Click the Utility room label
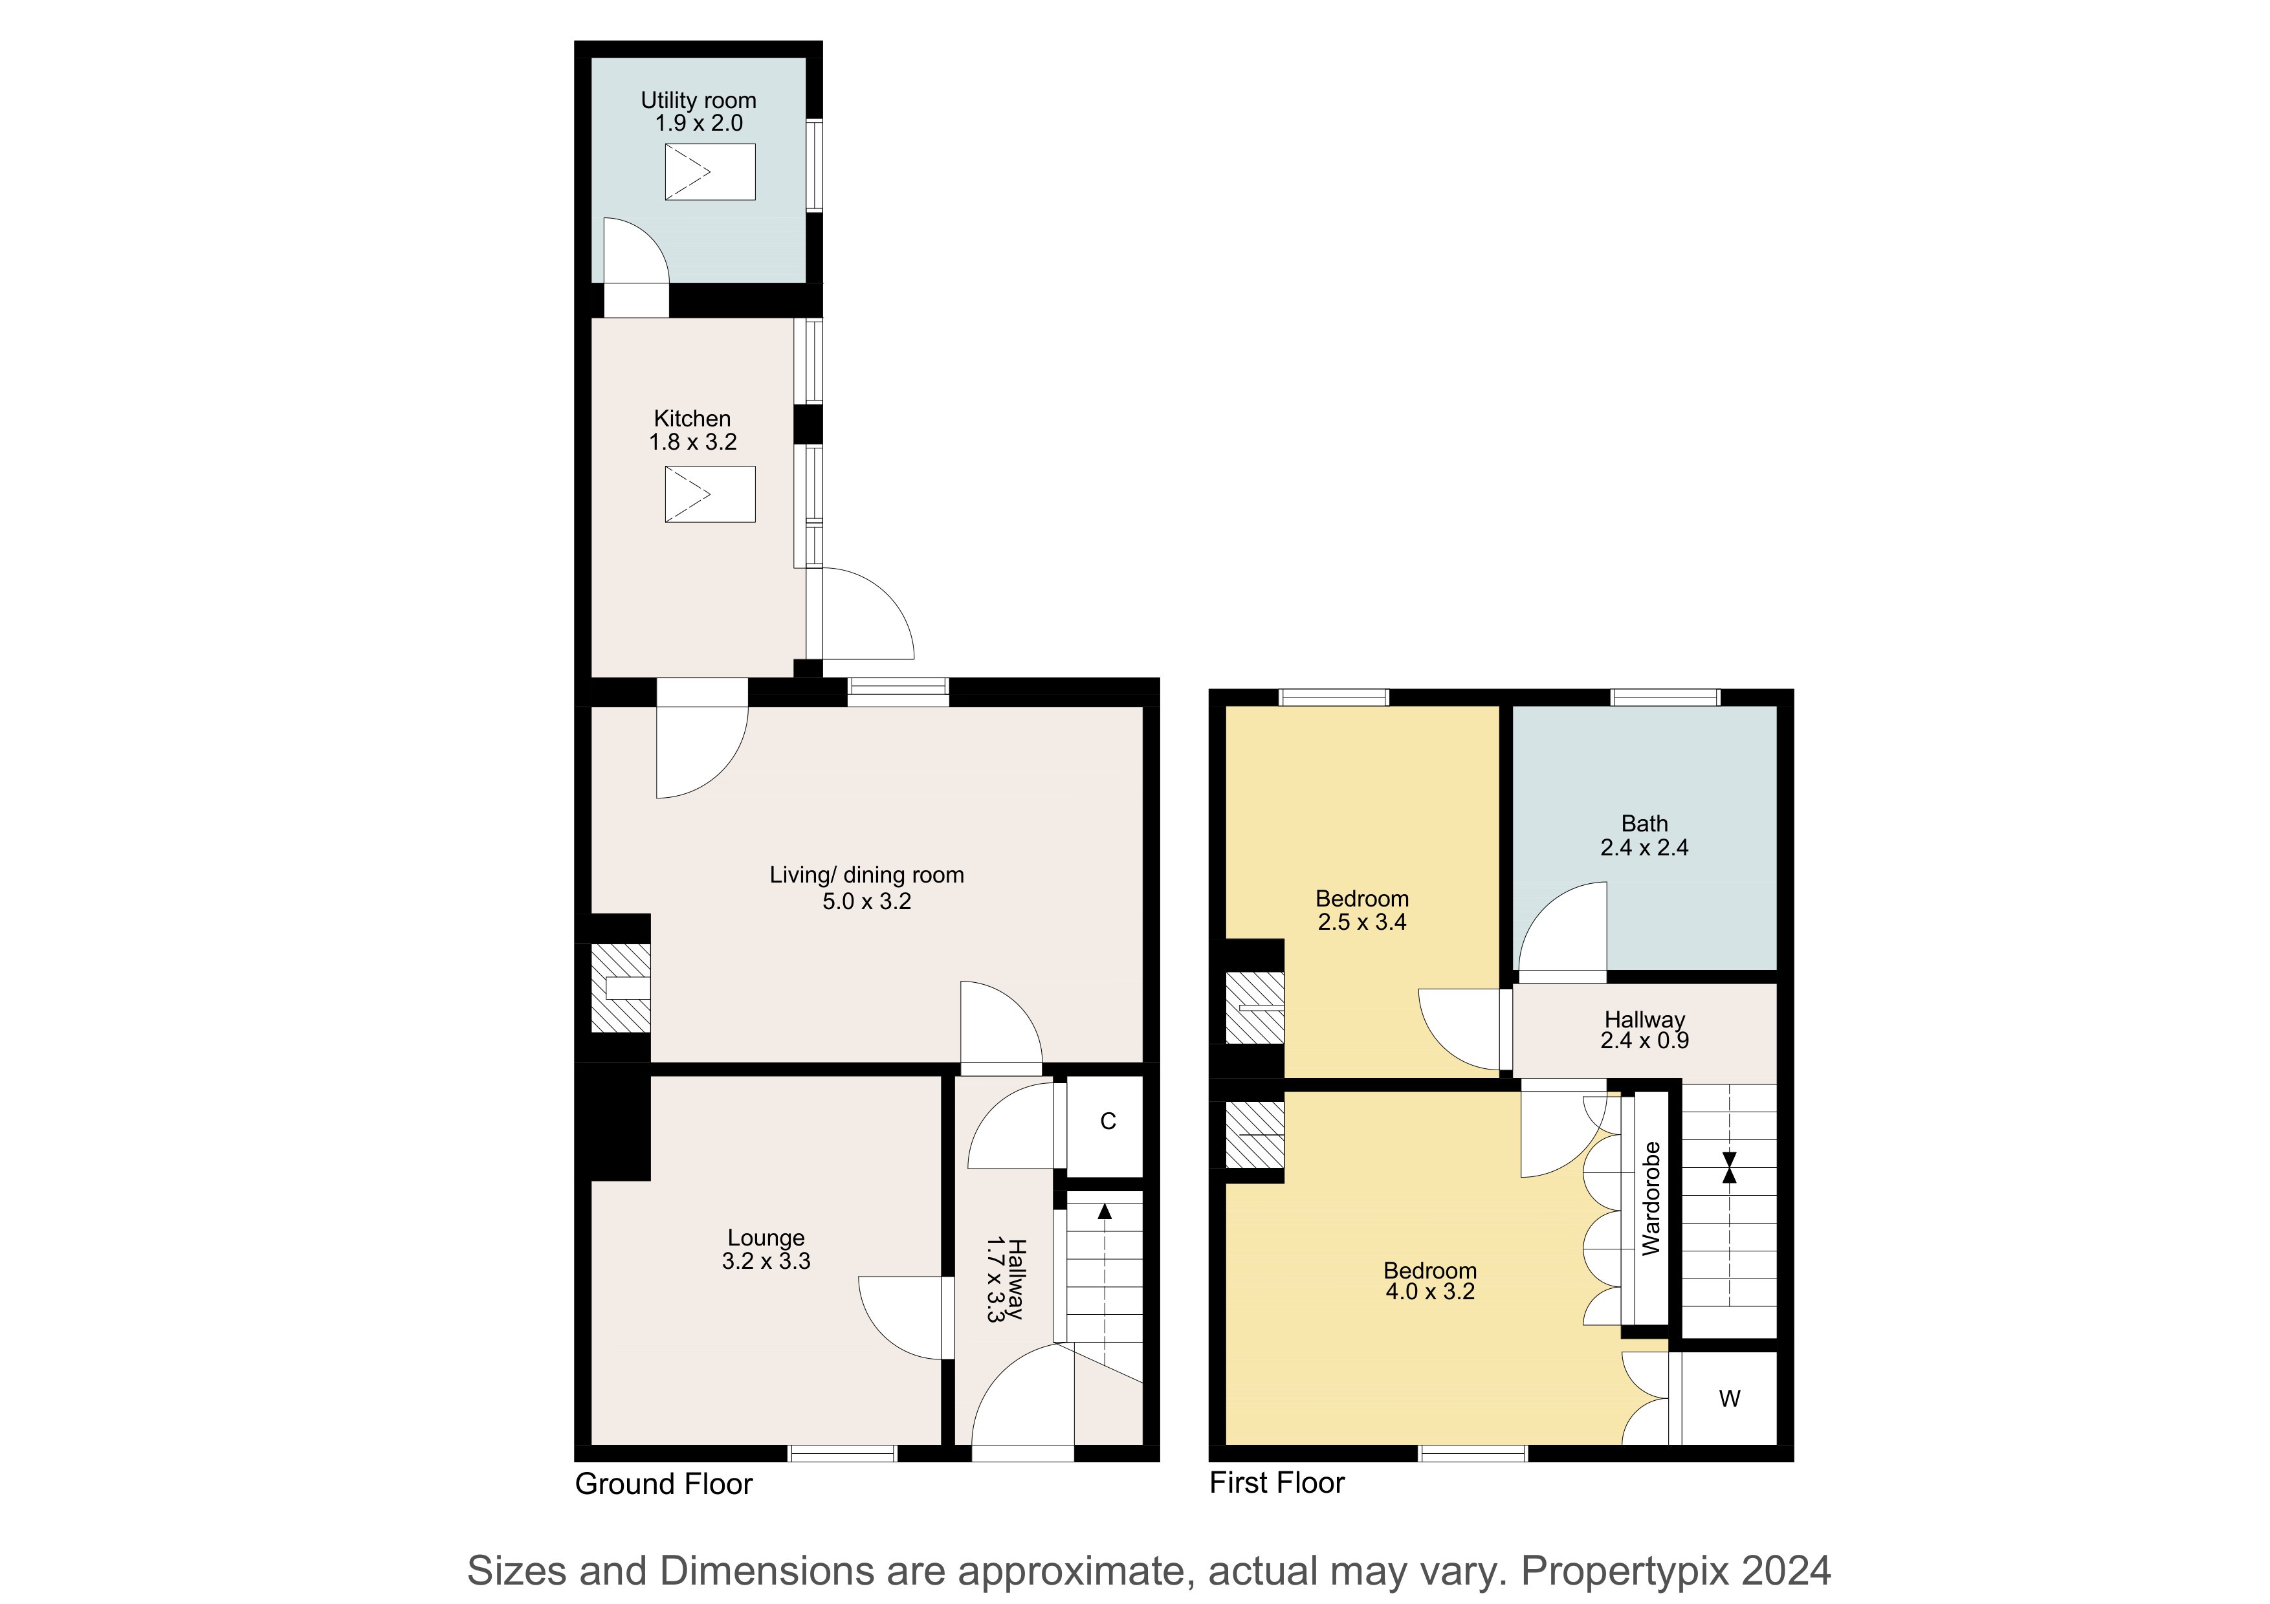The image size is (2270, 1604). coord(698,100)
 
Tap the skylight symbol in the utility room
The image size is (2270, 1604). coord(710,172)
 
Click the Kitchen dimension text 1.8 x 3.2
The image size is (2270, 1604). coord(693,442)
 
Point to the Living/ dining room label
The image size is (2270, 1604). coord(867,875)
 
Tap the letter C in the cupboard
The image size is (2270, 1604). coord(1108,1121)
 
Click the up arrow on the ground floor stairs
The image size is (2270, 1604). coord(1105,1211)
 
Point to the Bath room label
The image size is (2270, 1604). coord(1644,823)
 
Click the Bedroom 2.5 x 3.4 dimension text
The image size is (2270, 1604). coord(1362,922)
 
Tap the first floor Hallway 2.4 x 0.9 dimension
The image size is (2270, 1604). coord(1644,1040)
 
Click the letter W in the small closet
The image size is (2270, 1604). coord(1729,1398)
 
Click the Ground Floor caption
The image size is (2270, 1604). coord(663,1484)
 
